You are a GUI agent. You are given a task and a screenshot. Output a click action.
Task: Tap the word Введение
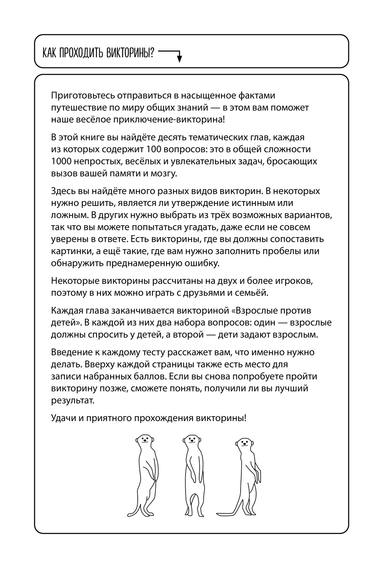(72, 352)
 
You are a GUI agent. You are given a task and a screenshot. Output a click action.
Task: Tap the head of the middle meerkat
(191, 440)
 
